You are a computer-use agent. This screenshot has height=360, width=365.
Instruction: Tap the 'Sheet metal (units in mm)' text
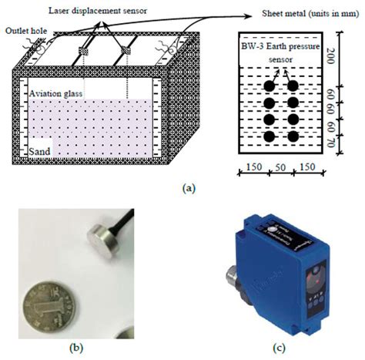coord(312,13)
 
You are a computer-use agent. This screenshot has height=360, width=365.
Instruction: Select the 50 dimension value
coord(281,168)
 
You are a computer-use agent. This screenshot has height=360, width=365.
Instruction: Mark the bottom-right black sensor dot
coord(293,136)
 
